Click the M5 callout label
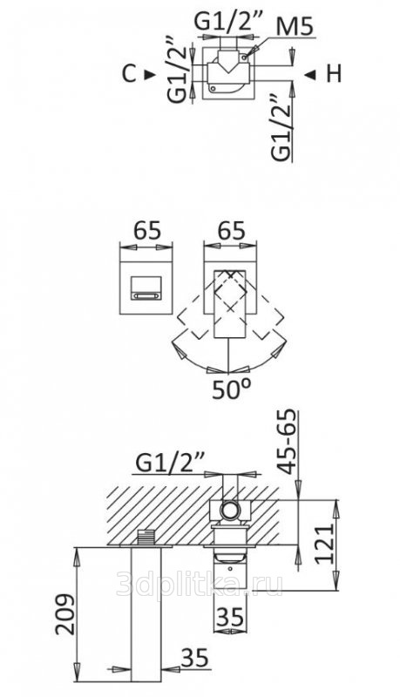[x=295, y=27]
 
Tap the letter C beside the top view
[x=129, y=74]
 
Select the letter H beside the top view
[x=334, y=74]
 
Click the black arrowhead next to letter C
[x=150, y=75]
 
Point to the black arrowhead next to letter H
[x=310, y=75]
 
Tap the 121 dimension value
[x=325, y=544]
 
